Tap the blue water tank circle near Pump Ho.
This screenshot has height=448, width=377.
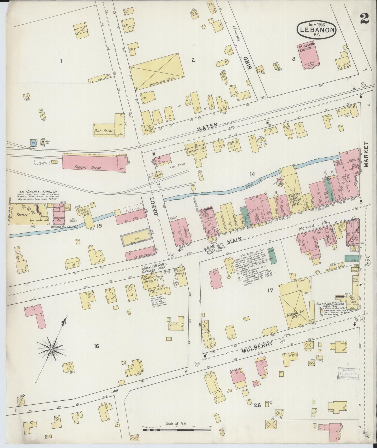point(33,143)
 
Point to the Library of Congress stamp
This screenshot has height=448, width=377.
point(348,374)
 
